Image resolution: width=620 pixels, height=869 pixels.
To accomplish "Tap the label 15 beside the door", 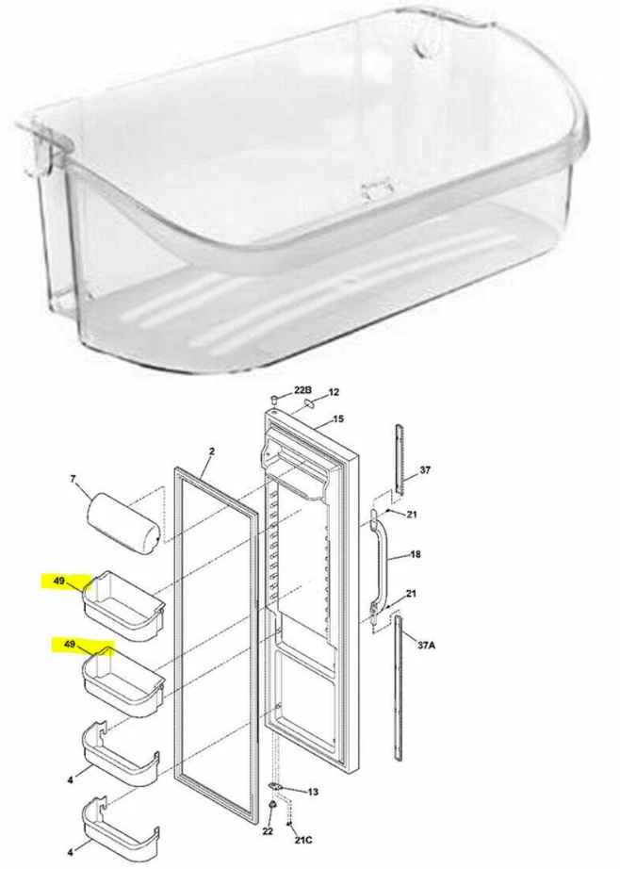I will (x=338, y=418).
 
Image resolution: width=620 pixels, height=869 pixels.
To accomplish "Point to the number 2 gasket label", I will (x=212, y=451).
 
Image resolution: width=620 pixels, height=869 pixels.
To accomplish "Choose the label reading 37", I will (x=425, y=469).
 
